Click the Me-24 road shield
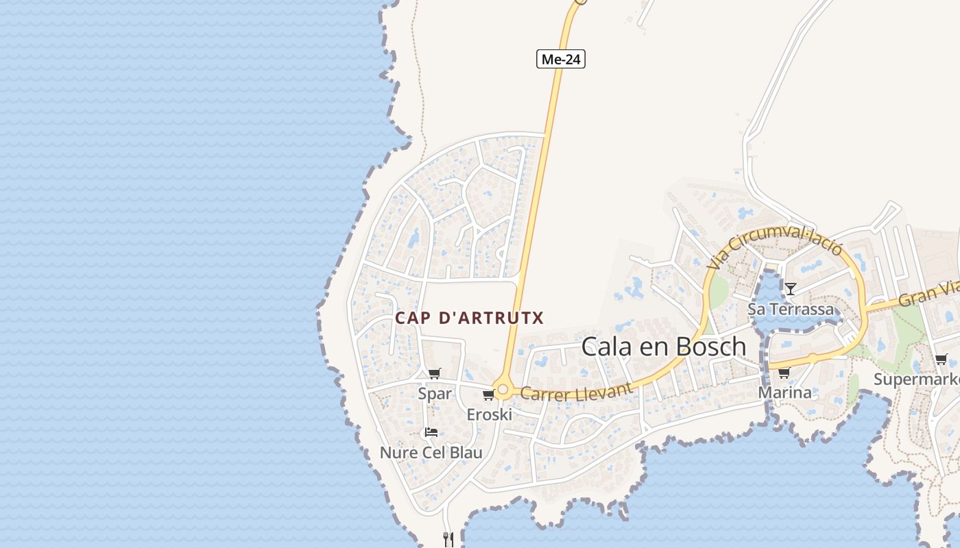(561, 60)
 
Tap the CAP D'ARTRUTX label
(469, 318)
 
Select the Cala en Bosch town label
(664, 347)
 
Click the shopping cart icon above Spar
(434, 374)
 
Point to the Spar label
(435, 393)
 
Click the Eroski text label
(489, 414)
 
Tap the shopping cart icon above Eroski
(488, 395)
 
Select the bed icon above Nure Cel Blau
(431, 432)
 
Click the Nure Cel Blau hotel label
(431, 453)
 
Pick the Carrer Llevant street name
(576, 392)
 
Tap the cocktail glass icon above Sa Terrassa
(790, 289)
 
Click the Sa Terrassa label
(791, 309)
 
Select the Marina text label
(784, 393)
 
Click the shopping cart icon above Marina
(784, 373)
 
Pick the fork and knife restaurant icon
(448, 539)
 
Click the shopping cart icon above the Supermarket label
(941, 360)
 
